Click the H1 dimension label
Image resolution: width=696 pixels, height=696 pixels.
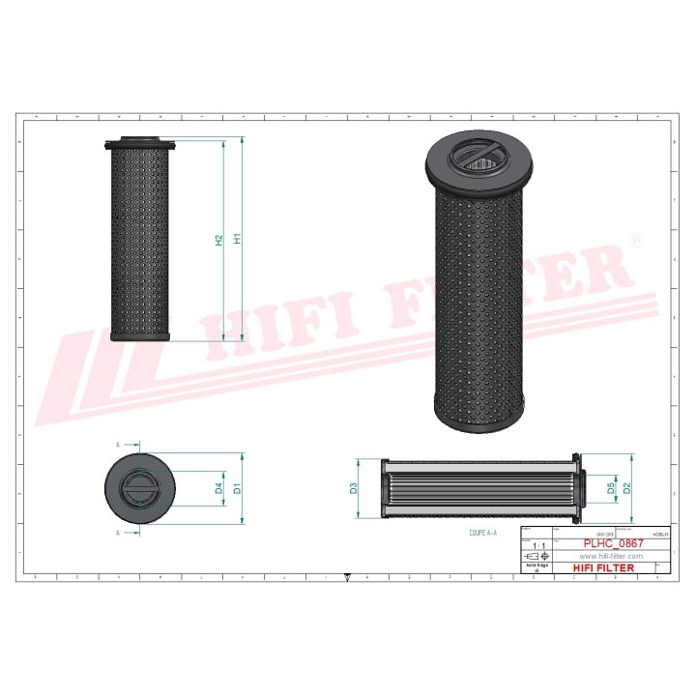point(236,239)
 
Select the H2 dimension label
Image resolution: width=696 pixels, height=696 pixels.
point(219,239)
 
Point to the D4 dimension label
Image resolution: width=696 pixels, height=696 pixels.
point(219,489)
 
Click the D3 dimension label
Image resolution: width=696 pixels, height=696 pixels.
point(354,488)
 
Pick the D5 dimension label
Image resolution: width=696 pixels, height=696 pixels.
point(611,488)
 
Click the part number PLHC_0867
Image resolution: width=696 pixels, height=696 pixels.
point(613,544)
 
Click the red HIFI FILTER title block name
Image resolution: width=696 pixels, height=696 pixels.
point(604,568)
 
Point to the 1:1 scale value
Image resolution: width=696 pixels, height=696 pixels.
point(538,546)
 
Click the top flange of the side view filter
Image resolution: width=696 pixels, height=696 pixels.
point(138,145)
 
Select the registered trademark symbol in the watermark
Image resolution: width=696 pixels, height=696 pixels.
point(635,238)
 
